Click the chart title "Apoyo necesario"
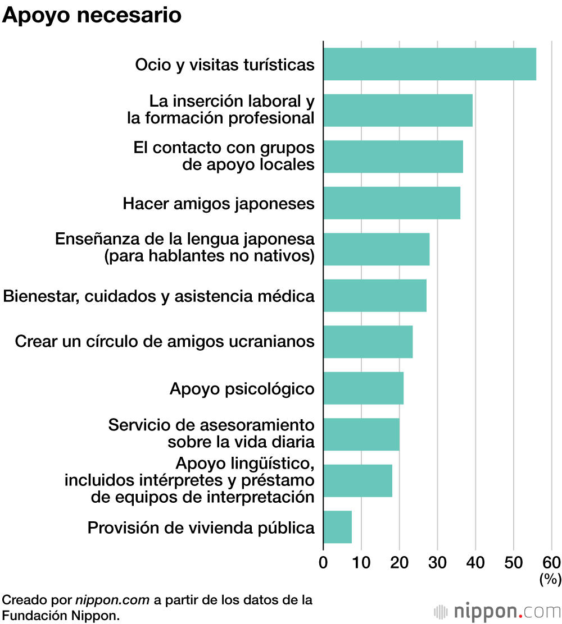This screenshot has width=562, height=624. (x=92, y=16)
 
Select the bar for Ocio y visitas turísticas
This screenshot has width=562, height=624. (x=429, y=65)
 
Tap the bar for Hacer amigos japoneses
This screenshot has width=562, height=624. (x=392, y=203)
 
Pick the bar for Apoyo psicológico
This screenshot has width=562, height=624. (x=363, y=388)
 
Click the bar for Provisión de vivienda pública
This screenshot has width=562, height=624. (x=337, y=527)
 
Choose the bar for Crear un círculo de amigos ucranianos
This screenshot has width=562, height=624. (x=368, y=342)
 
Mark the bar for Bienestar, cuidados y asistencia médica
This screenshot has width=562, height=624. (x=374, y=296)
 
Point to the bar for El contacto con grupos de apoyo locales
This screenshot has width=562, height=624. (x=393, y=157)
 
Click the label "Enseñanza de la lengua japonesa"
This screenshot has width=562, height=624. (x=184, y=239)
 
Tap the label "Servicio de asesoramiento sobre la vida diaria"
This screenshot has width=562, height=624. (x=211, y=433)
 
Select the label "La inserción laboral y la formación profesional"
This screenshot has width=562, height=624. (x=220, y=110)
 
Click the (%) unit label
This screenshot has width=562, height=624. (x=550, y=579)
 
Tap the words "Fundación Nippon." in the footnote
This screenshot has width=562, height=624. (x=61, y=615)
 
